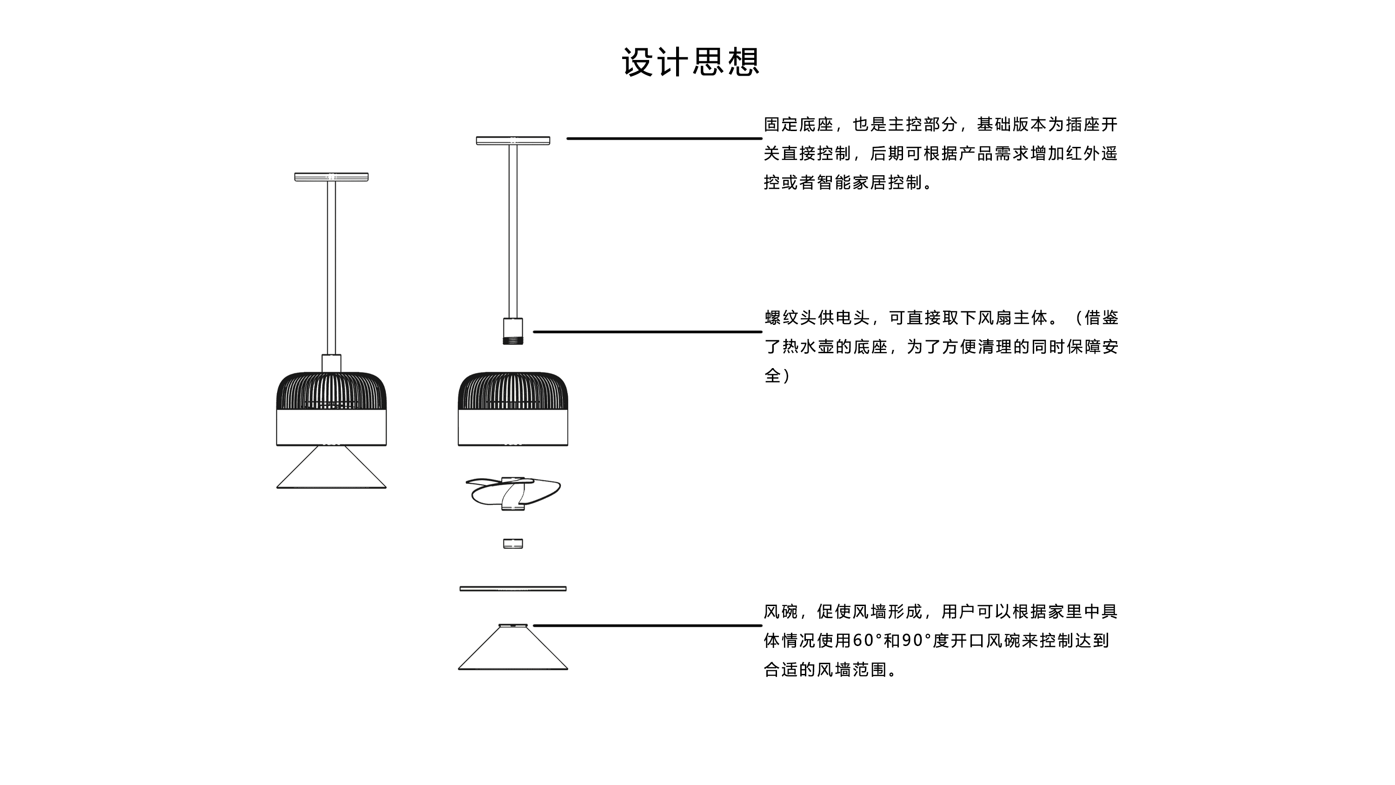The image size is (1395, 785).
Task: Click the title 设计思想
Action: [691, 62]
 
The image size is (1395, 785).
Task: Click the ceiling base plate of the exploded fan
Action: [512, 141]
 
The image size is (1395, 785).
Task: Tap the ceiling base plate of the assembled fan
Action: [331, 177]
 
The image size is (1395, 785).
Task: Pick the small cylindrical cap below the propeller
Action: [512, 543]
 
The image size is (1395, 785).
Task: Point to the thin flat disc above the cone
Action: [512, 588]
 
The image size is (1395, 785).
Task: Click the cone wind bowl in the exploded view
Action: [512, 653]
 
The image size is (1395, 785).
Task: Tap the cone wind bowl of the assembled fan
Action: [331, 471]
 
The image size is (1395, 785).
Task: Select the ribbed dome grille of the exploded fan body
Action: [512, 391]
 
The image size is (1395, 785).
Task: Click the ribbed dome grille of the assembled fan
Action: [331, 391]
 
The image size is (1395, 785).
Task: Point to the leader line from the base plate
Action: [664, 139]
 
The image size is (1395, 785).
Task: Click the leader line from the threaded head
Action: [647, 331]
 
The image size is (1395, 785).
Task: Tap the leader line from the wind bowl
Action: [647, 625]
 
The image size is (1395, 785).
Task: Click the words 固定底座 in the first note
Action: [798, 125]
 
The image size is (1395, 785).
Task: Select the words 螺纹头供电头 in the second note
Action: [817, 318]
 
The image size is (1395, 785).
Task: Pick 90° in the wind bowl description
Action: [916, 641]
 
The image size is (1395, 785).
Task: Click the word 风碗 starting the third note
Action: [780, 612]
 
